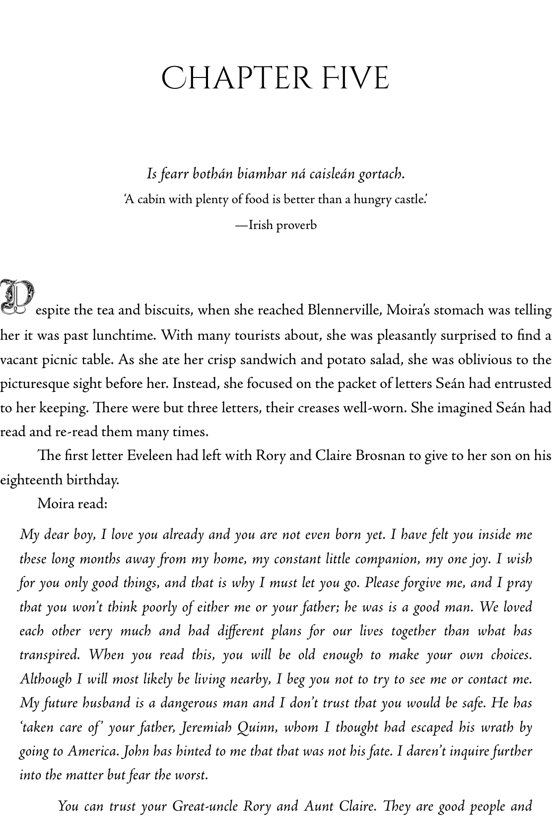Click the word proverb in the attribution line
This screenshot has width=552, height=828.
pyautogui.click(x=296, y=225)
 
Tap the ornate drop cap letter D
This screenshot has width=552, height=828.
pyautogui.click(x=17, y=297)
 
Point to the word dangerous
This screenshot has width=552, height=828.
pyautogui.click(x=189, y=703)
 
